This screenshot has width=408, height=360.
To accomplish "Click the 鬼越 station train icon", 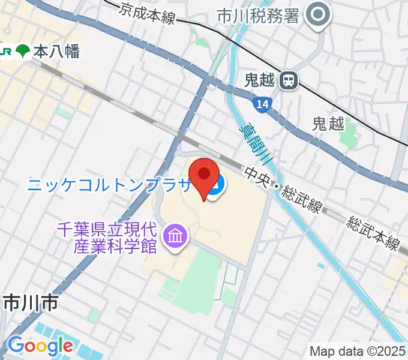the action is click(x=289, y=80).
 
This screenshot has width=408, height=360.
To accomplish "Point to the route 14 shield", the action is click(x=262, y=105).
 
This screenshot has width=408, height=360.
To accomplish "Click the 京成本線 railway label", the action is click(x=147, y=13).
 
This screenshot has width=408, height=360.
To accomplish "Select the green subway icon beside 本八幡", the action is click(x=23, y=52).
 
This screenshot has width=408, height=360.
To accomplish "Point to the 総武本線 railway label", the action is click(x=373, y=232).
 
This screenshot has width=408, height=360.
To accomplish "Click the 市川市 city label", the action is click(x=30, y=304).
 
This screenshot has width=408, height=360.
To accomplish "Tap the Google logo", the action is click(x=40, y=346).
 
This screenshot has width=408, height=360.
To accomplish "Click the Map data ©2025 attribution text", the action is click(x=358, y=351).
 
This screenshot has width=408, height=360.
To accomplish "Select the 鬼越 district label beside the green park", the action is click(x=328, y=124).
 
